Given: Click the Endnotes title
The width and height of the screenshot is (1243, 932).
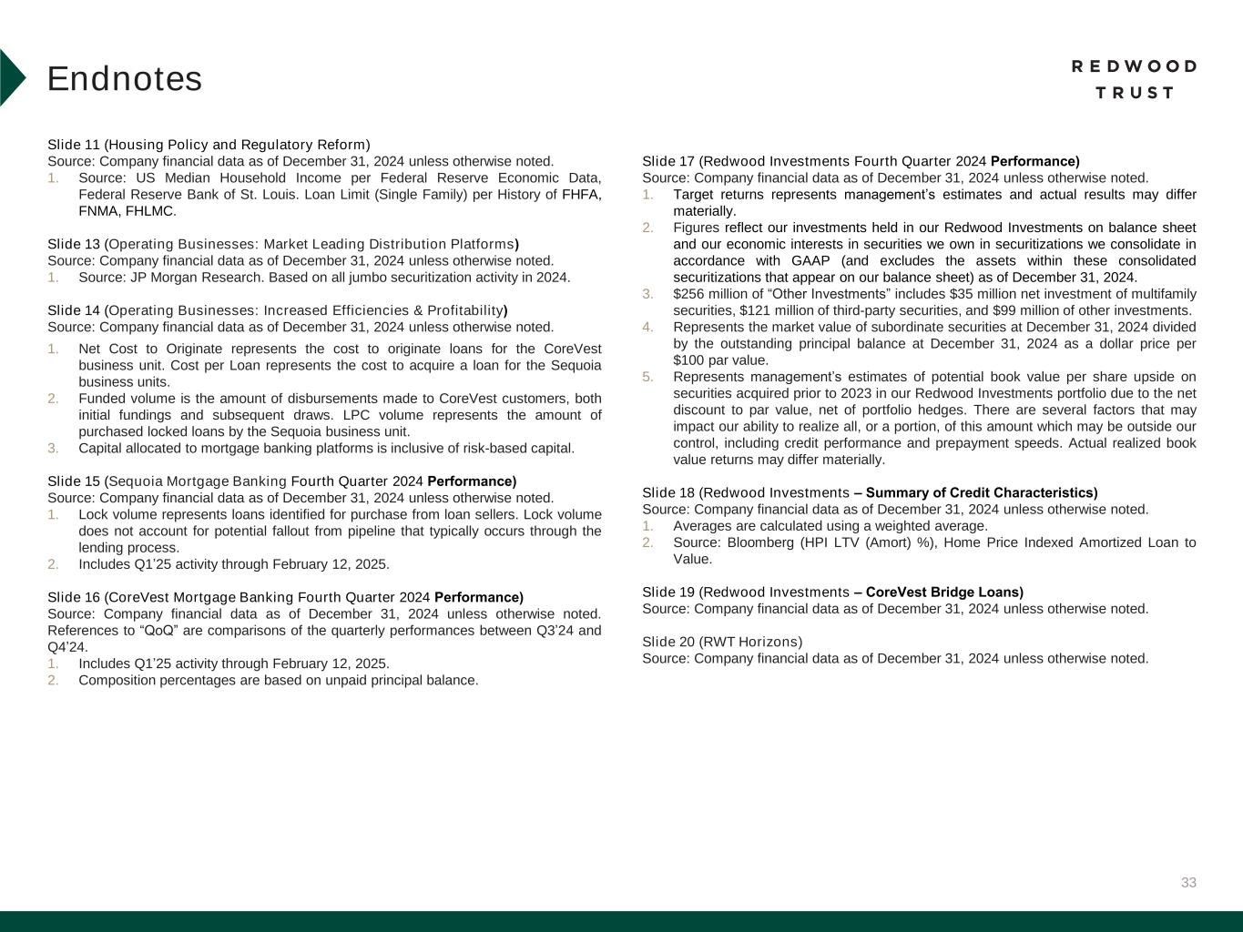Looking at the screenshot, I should click(125, 79).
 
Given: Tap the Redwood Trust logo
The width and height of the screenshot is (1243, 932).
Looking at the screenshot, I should click(1134, 79).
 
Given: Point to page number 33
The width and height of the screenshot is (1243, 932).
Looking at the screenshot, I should click(1188, 883).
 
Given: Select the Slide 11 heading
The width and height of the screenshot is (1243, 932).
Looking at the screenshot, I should click(209, 145).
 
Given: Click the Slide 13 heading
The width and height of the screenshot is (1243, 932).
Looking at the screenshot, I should click(282, 244).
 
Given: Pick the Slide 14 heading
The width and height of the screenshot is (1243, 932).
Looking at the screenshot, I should click(277, 310).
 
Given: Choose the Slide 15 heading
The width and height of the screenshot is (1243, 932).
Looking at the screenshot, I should click(281, 481).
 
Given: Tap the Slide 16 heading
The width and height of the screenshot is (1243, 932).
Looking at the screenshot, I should click(285, 597).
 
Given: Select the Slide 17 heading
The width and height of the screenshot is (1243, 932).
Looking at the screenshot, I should click(861, 162).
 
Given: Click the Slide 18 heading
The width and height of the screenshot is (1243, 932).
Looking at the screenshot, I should click(870, 492).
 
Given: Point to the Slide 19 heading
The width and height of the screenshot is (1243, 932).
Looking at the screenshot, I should click(832, 592).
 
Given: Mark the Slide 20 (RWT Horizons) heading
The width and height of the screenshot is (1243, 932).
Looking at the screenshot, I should click(722, 642).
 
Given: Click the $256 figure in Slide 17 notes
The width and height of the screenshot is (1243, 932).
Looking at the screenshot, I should click(689, 294).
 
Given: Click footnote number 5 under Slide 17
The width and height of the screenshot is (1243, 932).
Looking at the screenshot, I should click(647, 377).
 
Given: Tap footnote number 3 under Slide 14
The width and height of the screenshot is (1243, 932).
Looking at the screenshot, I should click(53, 448).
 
